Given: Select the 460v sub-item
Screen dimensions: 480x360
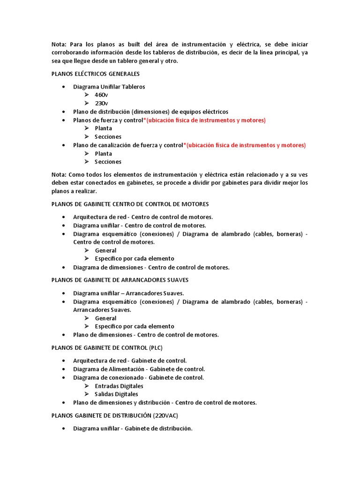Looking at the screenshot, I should (x=101, y=95).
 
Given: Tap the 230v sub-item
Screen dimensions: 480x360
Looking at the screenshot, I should (x=101, y=103).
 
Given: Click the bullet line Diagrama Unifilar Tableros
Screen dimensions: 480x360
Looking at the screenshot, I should (x=109, y=87).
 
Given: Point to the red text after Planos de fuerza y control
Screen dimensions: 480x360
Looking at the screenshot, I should (x=205, y=120).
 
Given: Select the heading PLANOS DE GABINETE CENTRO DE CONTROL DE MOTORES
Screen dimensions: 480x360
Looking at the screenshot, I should (x=130, y=204).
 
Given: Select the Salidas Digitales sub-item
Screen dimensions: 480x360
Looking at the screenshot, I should (x=116, y=394).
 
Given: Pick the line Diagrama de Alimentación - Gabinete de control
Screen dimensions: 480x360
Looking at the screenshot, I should (x=139, y=369).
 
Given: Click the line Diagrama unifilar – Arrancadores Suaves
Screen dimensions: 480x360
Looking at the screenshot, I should (x=128, y=293).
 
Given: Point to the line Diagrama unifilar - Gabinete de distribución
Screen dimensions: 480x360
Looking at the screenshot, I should (x=133, y=428).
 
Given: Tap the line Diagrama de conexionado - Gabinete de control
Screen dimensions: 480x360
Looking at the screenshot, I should (x=138, y=378).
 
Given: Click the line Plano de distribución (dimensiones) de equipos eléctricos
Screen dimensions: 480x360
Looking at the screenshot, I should (x=150, y=112).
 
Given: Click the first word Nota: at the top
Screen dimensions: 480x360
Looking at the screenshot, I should (x=59, y=45).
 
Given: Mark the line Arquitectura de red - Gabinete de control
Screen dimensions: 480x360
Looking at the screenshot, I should (x=130, y=360).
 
